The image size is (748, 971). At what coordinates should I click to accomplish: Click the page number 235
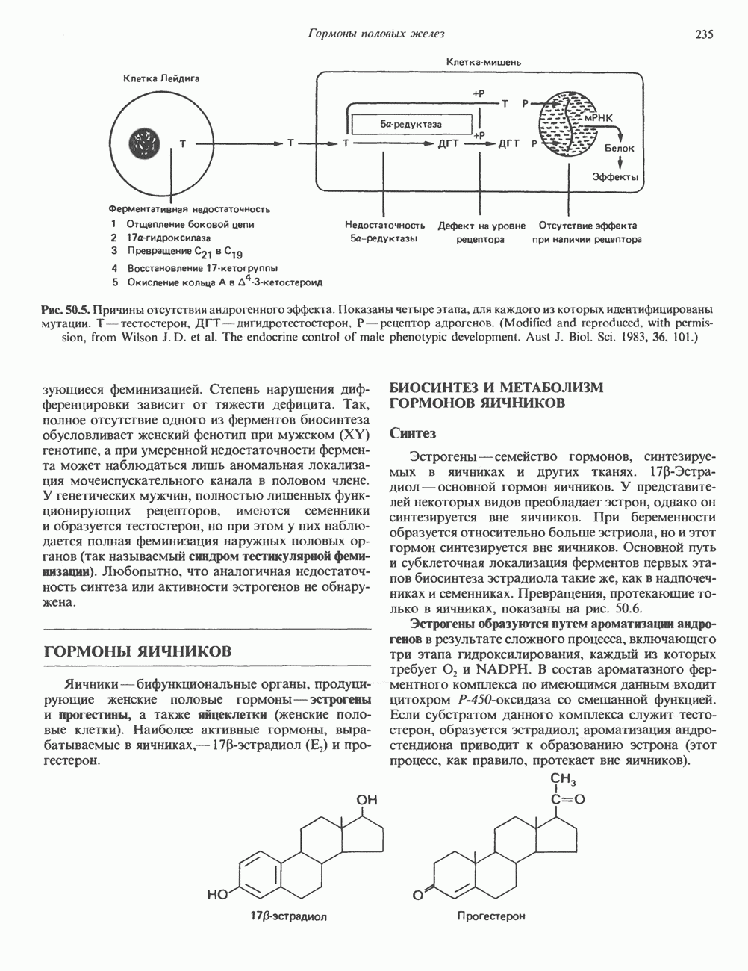coord(704,34)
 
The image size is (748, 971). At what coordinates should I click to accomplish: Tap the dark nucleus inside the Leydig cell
coord(146,141)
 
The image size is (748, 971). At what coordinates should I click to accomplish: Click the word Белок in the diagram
coord(619,149)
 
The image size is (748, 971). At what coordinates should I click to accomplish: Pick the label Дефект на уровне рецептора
coord(481,232)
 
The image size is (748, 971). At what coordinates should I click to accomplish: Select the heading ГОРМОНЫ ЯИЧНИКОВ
coord(139,651)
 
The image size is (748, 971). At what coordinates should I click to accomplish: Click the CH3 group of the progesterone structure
coord(563,780)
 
